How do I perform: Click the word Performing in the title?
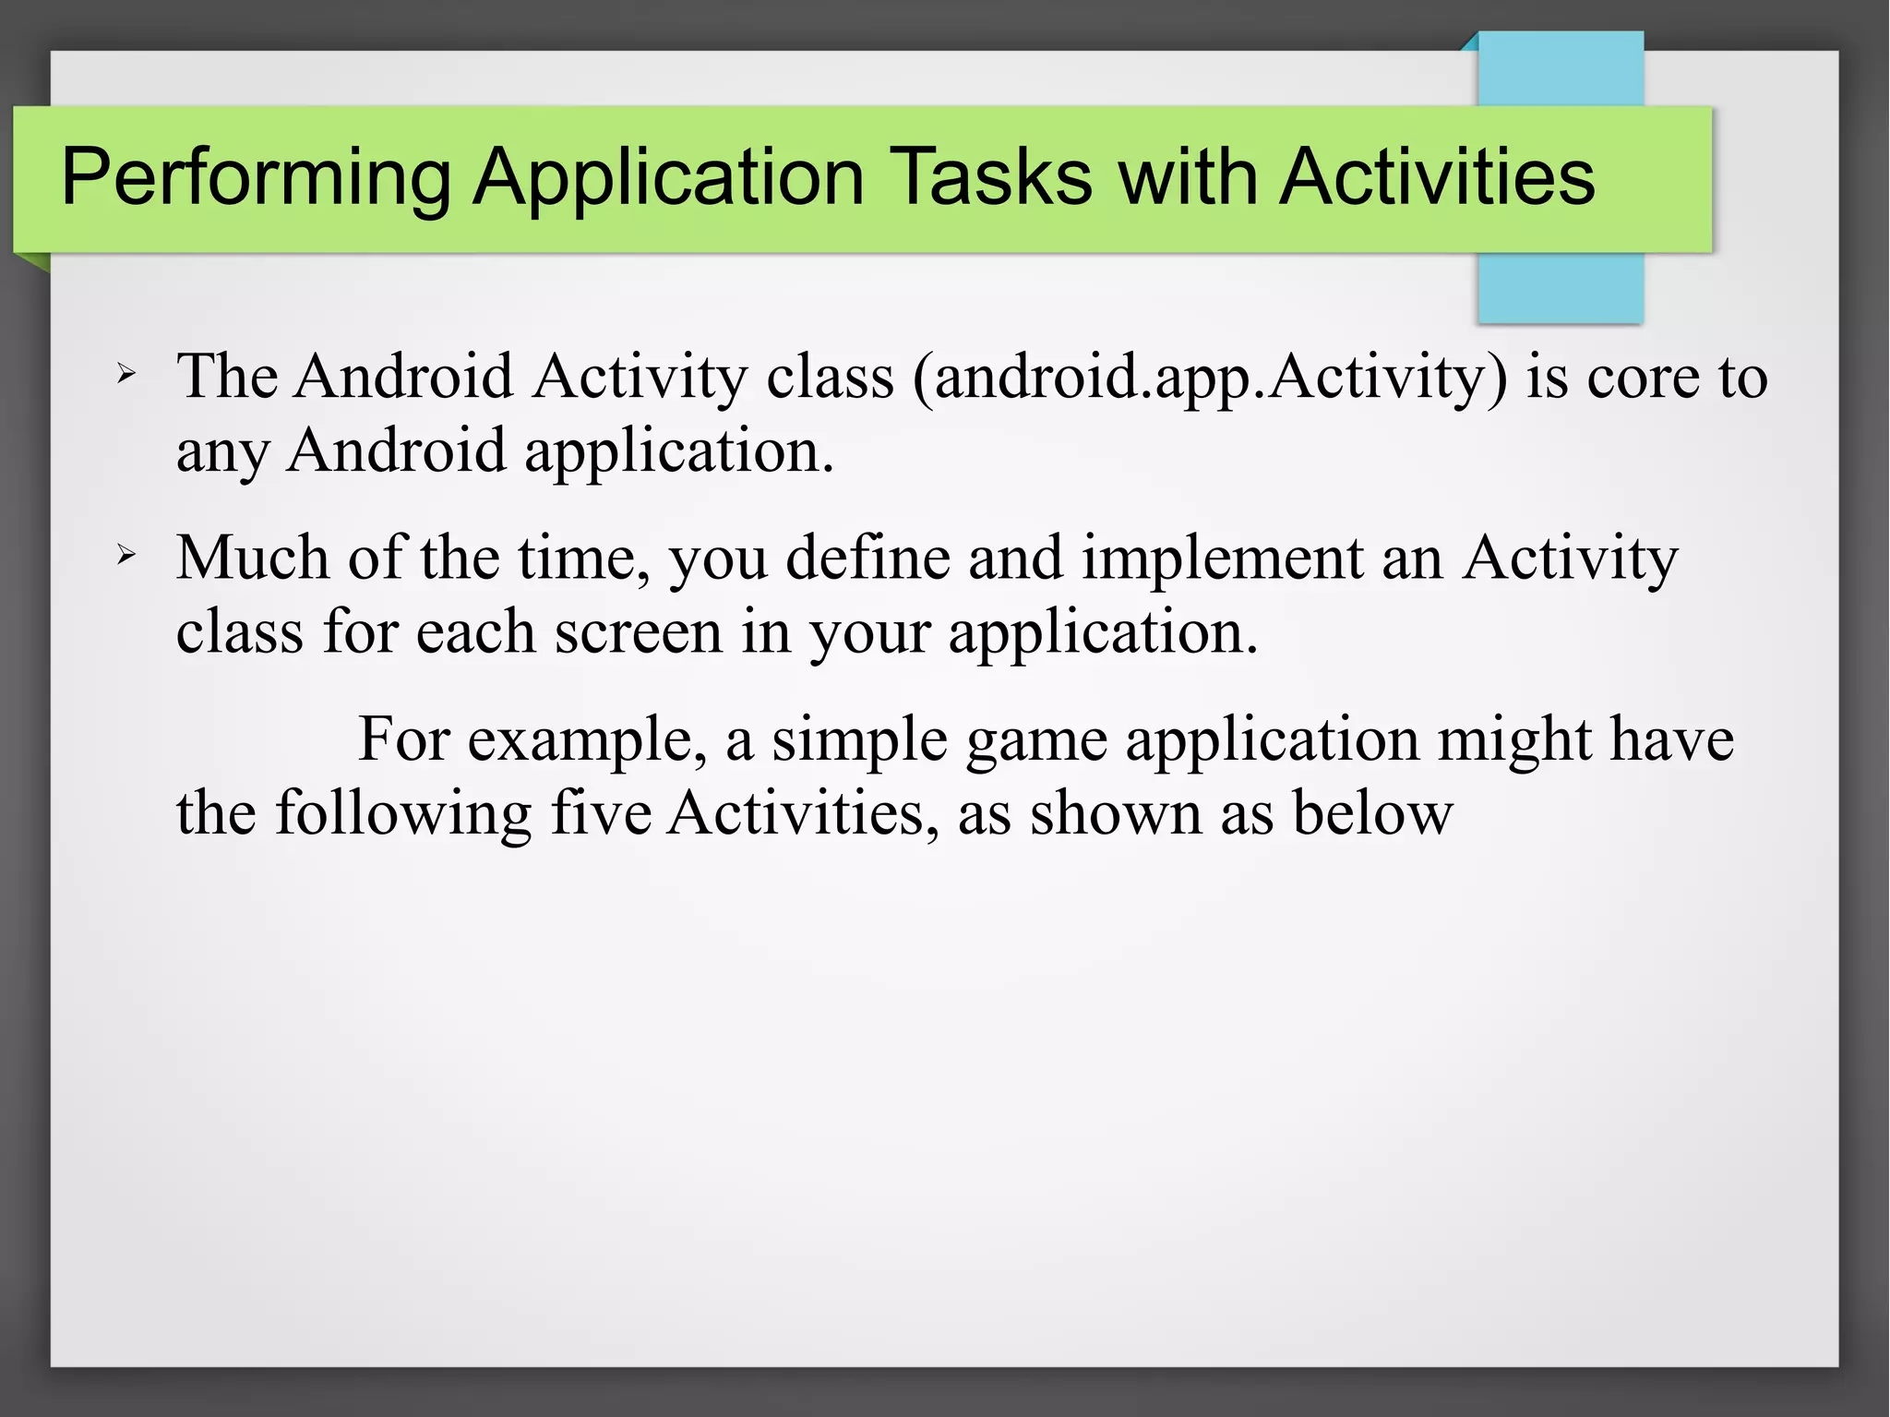(257, 177)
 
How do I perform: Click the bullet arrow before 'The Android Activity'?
(127, 375)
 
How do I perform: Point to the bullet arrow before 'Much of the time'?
(127, 556)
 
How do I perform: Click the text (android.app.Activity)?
(1210, 378)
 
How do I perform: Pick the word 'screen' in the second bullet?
(638, 633)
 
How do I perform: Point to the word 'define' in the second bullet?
(867, 558)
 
